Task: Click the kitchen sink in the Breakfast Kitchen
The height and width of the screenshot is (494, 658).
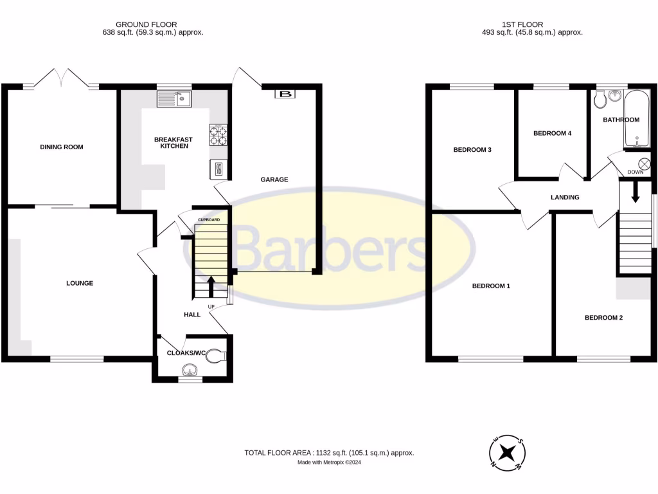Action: [174, 98]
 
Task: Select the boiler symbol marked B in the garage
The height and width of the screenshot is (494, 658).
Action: [285, 95]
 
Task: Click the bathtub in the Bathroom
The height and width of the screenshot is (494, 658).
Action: [635, 120]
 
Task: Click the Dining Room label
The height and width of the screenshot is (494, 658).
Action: [62, 147]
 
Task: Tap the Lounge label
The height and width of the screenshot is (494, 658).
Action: [80, 283]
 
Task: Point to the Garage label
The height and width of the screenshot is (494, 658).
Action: [274, 179]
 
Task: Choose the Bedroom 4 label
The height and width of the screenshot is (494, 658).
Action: [552, 134]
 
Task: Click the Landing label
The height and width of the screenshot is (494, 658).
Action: [565, 197]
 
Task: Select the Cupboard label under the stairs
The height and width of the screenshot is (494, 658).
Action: [209, 220]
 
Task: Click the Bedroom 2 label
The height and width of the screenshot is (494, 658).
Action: [603, 318]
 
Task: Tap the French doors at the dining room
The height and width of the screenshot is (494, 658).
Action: [62, 79]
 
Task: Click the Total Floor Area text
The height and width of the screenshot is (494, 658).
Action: [329, 453]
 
